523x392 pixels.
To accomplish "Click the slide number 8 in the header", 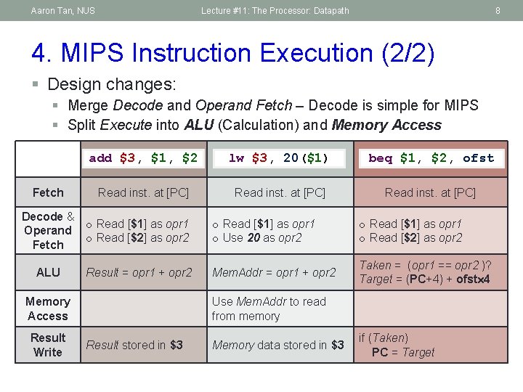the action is (x=498, y=10).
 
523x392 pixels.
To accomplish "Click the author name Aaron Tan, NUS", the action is (x=63, y=10).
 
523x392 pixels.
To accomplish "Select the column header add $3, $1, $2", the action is (x=143, y=158).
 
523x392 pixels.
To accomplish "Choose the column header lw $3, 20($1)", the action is (x=278, y=158).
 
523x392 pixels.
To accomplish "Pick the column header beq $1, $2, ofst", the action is (x=431, y=158).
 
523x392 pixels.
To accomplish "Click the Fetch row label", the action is (x=48, y=192).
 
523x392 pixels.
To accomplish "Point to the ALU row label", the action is (x=48, y=272).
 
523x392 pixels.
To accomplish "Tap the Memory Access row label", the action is (x=48, y=309).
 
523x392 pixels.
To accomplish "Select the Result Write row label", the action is (x=48, y=345).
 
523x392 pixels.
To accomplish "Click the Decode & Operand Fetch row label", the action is (x=48, y=231).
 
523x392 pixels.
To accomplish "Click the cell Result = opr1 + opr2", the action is (x=139, y=272).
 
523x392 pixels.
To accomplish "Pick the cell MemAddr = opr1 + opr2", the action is (x=274, y=272).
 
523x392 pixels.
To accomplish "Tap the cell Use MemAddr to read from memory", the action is (x=269, y=309).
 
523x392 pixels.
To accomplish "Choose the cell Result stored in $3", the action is (x=134, y=345).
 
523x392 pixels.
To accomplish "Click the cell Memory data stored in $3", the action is (x=277, y=345).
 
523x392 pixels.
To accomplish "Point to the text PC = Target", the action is (x=402, y=352).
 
